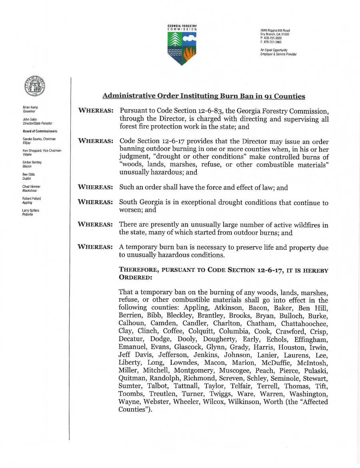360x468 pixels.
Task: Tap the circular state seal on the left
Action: click(x=35, y=86)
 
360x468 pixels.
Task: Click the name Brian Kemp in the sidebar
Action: click(x=30, y=108)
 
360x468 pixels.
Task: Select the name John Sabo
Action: click(x=30, y=119)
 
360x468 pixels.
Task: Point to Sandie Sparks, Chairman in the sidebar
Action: click(x=39, y=139)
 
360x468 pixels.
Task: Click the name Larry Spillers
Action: click(x=31, y=210)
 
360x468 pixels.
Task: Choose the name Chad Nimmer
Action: click(x=31, y=187)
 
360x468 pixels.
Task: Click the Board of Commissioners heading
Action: click(x=40, y=131)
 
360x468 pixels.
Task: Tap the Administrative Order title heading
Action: click(x=204, y=96)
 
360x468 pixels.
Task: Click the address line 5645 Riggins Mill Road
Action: click(x=275, y=31)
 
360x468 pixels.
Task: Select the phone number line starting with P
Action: click(x=271, y=38)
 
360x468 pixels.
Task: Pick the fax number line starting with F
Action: click(x=271, y=42)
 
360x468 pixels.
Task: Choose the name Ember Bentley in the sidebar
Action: click(x=32, y=163)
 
